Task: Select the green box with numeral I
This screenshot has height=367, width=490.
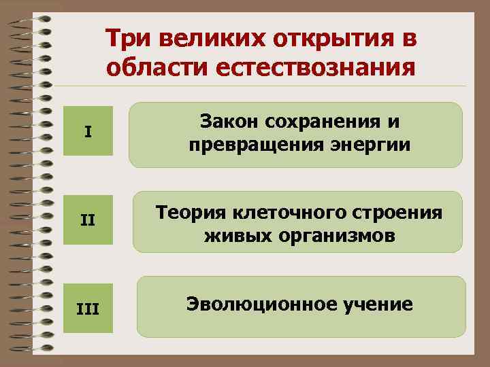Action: tap(88, 131)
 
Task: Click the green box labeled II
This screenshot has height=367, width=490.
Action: tap(88, 220)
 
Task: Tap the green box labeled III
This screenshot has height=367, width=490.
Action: tap(88, 310)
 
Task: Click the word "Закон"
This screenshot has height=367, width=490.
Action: tap(228, 123)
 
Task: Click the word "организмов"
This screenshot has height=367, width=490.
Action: tap(331, 237)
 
